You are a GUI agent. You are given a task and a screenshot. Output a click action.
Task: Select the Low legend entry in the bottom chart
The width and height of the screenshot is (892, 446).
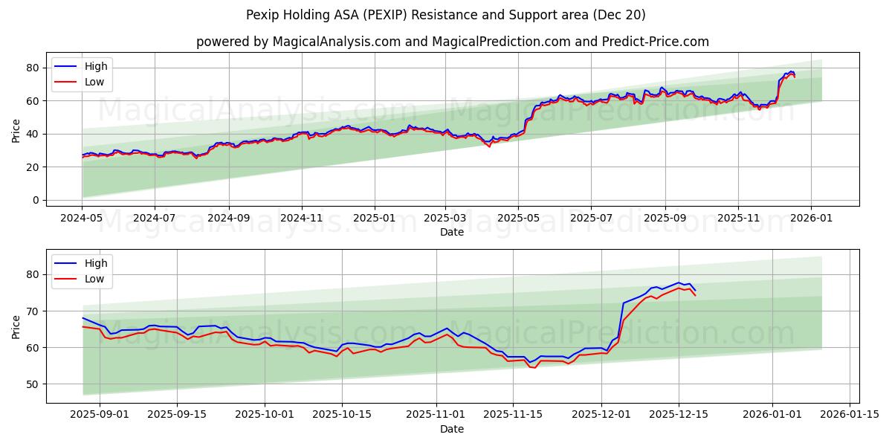(94, 279)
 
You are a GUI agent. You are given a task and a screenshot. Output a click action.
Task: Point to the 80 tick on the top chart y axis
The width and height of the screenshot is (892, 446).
(33, 68)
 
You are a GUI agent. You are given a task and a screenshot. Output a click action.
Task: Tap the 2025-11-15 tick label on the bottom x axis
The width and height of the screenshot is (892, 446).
(511, 415)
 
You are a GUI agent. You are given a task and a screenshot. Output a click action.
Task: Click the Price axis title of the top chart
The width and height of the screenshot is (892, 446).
(16, 130)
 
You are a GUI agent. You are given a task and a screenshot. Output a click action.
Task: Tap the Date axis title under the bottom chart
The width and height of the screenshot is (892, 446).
(451, 429)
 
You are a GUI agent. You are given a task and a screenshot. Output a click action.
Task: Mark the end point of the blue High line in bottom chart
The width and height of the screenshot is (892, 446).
(695, 291)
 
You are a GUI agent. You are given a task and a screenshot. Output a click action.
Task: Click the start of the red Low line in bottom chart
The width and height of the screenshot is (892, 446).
(83, 326)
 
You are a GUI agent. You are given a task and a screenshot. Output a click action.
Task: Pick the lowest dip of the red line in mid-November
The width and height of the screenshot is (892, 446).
(534, 367)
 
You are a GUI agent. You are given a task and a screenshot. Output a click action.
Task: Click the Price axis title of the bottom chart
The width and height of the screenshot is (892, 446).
(16, 326)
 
